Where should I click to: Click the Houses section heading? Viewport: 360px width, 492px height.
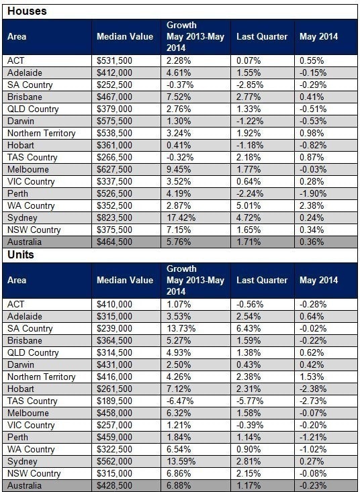(x=27, y=11)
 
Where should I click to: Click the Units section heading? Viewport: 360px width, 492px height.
(x=21, y=255)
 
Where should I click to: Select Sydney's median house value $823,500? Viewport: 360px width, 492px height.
(x=114, y=217)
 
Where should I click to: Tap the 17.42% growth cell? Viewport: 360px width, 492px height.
(x=181, y=217)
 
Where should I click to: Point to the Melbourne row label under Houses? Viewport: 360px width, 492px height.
(x=28, y=169)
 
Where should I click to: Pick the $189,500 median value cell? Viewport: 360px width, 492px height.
(x=114, y=401)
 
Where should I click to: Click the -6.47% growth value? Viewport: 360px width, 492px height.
(x=180, y=401)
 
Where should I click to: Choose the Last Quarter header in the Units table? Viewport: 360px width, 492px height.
(x=262, y=280)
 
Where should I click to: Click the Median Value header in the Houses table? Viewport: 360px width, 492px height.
(x=125, y=37)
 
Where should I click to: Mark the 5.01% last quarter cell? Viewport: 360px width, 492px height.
(x=249, y=206)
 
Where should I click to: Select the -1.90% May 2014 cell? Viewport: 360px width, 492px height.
(x=313, y=193)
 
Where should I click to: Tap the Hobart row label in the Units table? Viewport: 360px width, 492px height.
(x=21, y=389)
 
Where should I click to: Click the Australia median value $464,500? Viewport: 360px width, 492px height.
(x=114, y=242)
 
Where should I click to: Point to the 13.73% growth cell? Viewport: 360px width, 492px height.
(x=181, y=328)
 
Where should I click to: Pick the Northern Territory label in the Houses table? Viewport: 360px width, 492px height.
(x=42, y=134)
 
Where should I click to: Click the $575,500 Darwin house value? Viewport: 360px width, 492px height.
(x=114, y=121)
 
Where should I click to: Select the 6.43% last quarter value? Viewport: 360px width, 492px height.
(x=249, y=328)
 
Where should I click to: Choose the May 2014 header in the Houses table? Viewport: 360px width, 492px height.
(x=318, y=37)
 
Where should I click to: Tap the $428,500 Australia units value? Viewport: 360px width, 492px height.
(x=114, y=486)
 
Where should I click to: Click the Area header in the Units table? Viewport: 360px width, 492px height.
(x=17, y=280)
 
